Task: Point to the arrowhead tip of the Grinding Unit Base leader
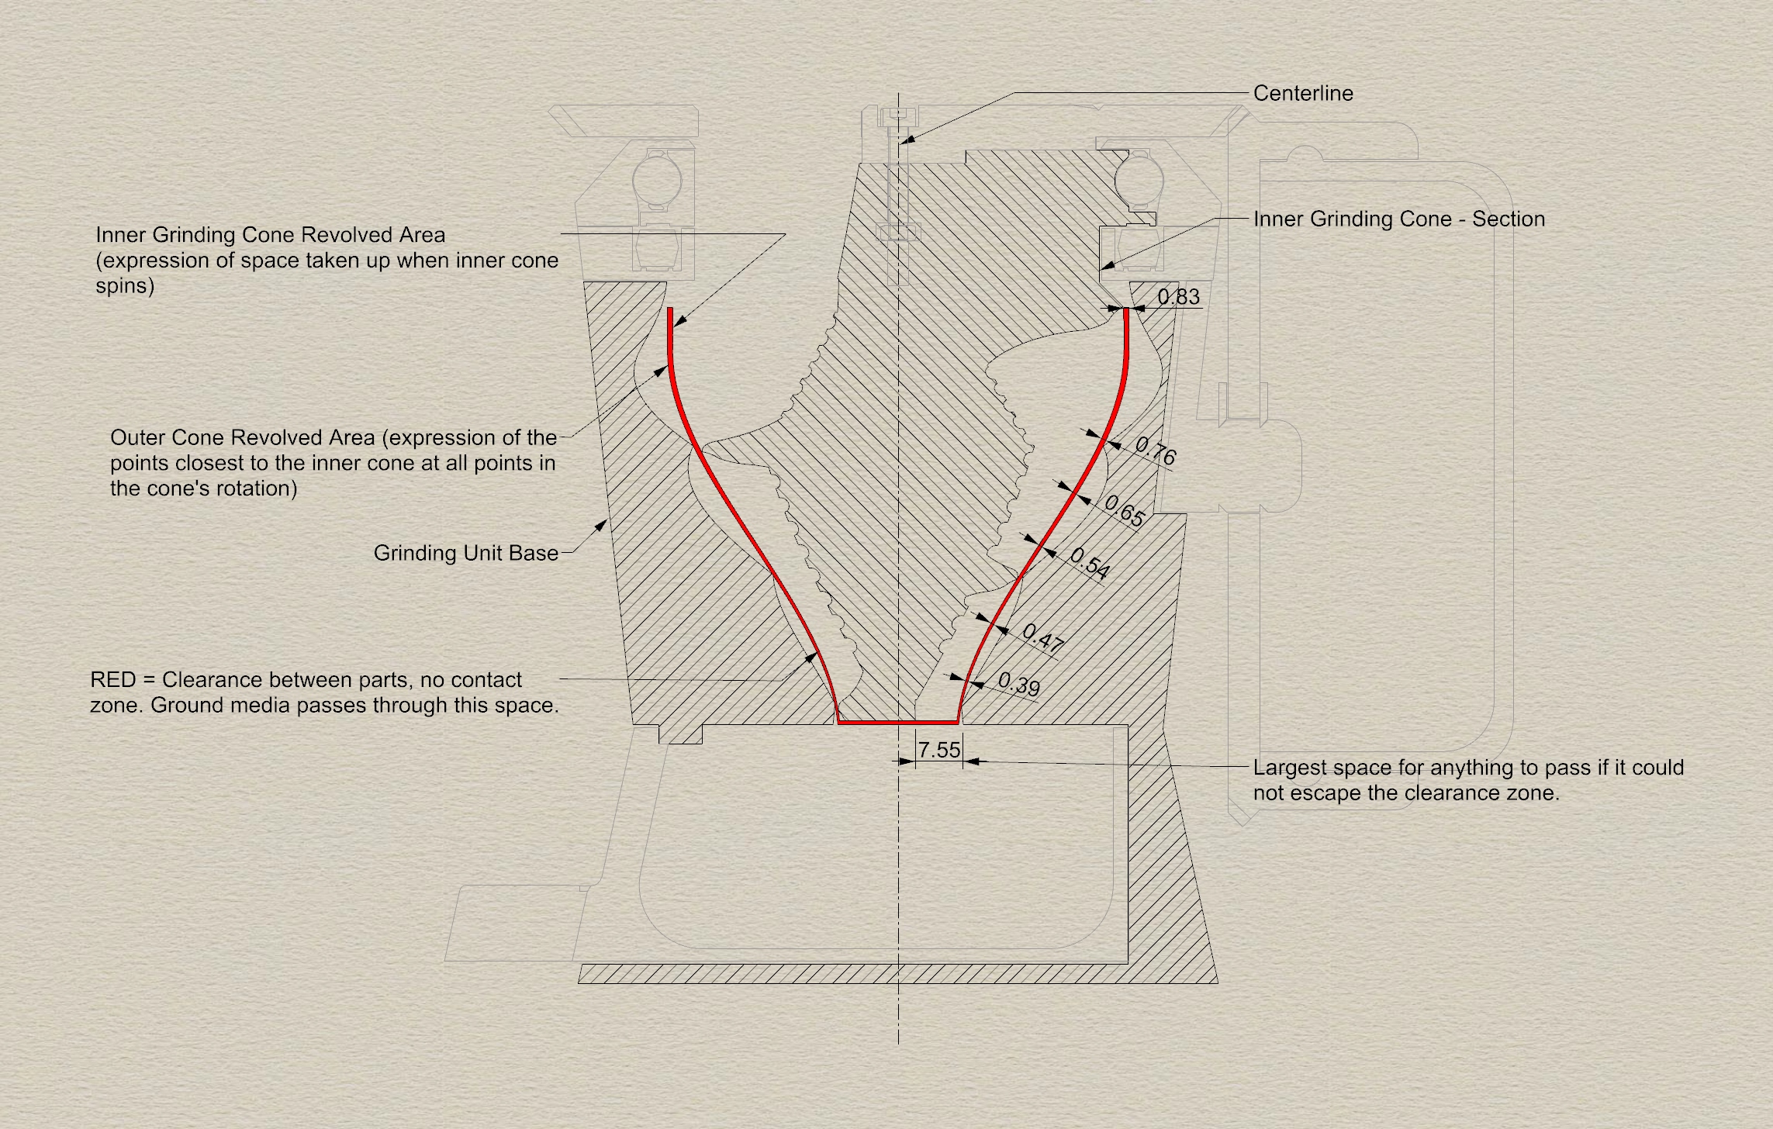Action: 607,520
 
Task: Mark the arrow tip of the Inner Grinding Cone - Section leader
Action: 1101,270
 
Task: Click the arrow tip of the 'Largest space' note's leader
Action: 964,761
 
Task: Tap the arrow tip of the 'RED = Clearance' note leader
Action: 817,653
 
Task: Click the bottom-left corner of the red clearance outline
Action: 838,723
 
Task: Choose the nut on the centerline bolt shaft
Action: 898,232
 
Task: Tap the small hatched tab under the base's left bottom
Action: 680,734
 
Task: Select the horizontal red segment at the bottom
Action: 898,723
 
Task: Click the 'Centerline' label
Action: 1303,93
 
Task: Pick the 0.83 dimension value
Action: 1178,297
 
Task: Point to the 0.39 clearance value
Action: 1019,684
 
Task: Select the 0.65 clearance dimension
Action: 1124,511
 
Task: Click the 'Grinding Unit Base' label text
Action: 466,553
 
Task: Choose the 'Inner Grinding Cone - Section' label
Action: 1399,219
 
